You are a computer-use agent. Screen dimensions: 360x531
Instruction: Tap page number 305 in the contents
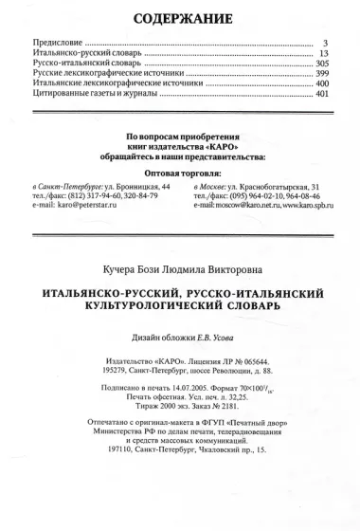tap(321, 67)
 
